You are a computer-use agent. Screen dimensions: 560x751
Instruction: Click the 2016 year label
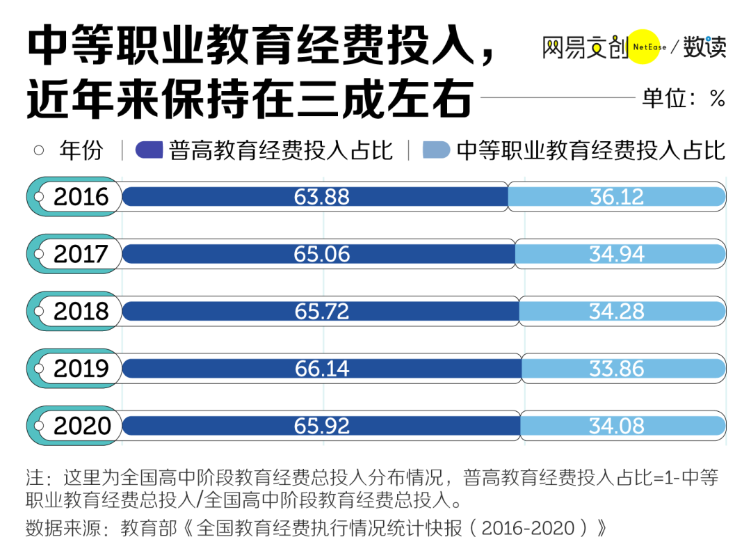[81, 197]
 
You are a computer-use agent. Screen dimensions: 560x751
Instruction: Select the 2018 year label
[81, 312]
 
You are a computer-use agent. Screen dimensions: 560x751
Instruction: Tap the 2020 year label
[81, 426]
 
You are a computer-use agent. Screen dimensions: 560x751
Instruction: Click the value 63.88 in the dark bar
[321, 197]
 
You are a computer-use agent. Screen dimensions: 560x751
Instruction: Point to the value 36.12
[617, 197]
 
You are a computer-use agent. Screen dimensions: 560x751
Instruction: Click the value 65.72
[321, 312]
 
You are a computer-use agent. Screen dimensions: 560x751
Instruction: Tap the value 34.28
[617, 312]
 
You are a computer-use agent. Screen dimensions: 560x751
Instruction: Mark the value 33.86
[617, 369]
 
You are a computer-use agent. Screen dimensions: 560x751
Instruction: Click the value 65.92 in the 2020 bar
[321, 426]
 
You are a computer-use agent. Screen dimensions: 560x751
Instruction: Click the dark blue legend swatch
[149, 150]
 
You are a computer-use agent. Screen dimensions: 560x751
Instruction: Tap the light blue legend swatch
[437, 150]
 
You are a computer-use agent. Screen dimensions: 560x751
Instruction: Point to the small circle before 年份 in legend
[39, 150]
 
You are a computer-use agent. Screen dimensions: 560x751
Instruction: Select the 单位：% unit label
[684, 98]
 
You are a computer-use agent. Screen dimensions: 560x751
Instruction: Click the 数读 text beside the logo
[704, 47]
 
